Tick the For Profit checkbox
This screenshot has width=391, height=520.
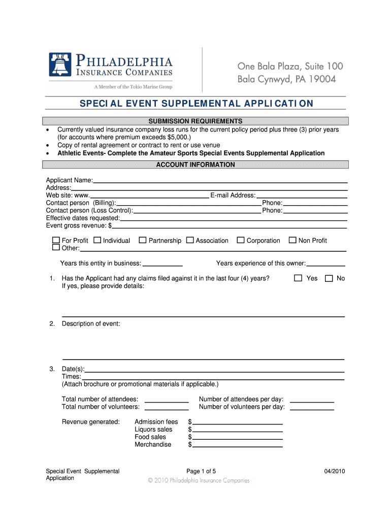[56, 240]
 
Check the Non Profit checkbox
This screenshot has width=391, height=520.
[292, 240]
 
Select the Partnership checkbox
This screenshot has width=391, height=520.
[143, 240]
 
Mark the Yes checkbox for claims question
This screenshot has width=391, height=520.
[298, 278]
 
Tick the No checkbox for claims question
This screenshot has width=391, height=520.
[329, 278]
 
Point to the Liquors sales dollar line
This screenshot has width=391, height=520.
[237, 430]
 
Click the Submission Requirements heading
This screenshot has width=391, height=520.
[195, 121]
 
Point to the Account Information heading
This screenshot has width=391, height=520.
[195, 165]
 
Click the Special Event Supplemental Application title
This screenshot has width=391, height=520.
[196, 104]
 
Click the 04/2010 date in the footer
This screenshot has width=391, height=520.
[335, 471]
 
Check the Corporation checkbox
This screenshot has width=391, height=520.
[241, 240]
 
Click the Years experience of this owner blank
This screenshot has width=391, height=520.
[326, 264]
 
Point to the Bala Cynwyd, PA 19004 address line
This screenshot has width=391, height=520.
[287, 80]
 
